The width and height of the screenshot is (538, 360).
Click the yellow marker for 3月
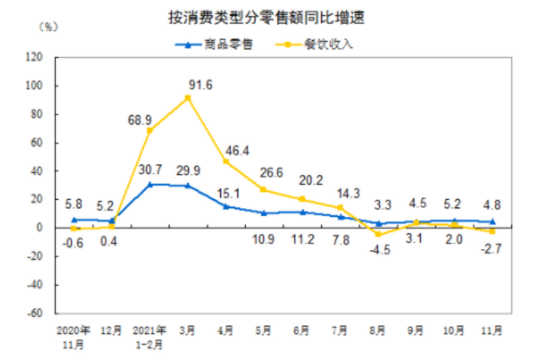click(188, 98)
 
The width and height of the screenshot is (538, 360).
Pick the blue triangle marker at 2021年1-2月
click(150, 184)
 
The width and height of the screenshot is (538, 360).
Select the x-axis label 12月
click(112, 331)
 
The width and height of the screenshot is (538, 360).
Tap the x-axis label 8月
click(378, 331)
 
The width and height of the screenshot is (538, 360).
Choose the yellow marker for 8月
click(378, 234)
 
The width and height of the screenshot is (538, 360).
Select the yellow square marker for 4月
click(226, 162)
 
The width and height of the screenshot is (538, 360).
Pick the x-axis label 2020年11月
click(74, 336)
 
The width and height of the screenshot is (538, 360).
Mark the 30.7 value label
click(150, 169)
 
